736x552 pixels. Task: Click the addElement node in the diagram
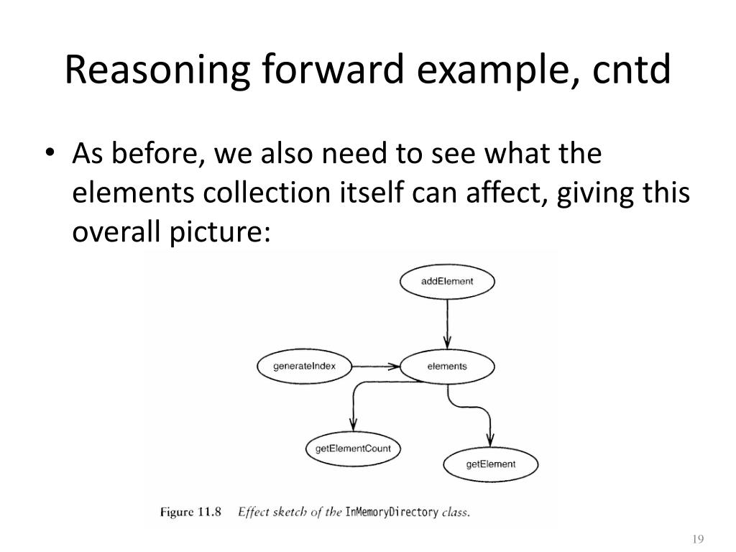(447, 281)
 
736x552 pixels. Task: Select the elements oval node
(447, 367)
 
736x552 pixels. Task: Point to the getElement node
(491, 464)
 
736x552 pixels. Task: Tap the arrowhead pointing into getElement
(491, 439)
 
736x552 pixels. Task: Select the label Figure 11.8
(190, 512)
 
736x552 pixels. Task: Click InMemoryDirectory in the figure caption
(392, 512)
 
